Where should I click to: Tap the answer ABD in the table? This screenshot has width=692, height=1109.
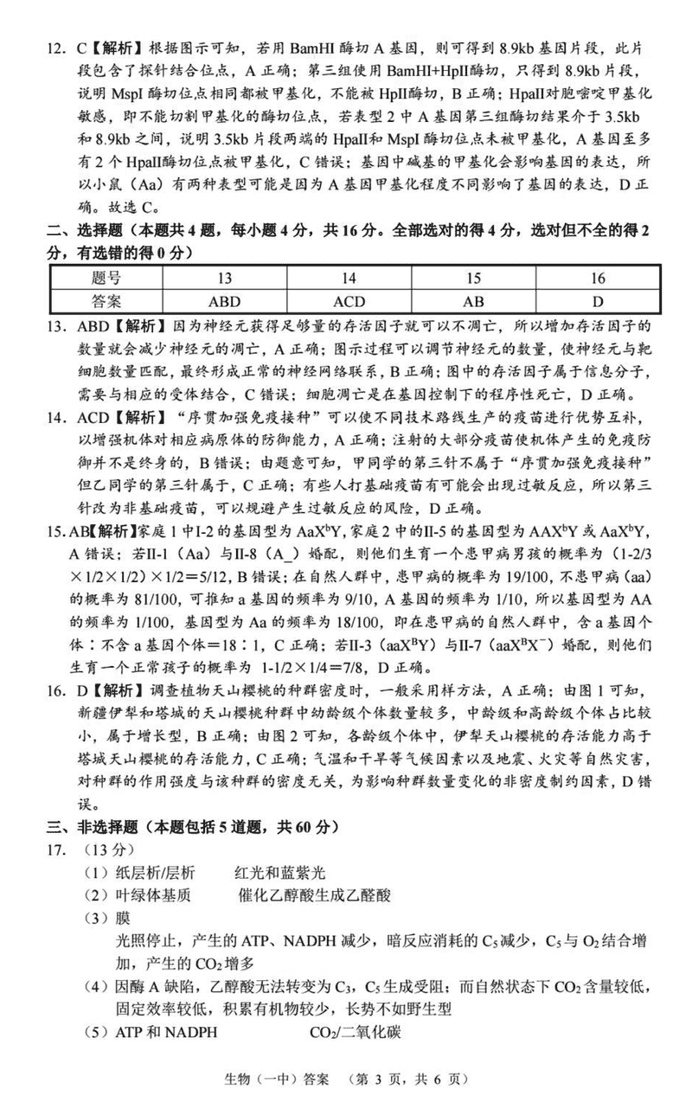pos(225,301)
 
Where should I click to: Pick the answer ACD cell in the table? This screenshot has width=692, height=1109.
pos(349,301)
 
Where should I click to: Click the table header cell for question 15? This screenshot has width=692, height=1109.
pos(473,278)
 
